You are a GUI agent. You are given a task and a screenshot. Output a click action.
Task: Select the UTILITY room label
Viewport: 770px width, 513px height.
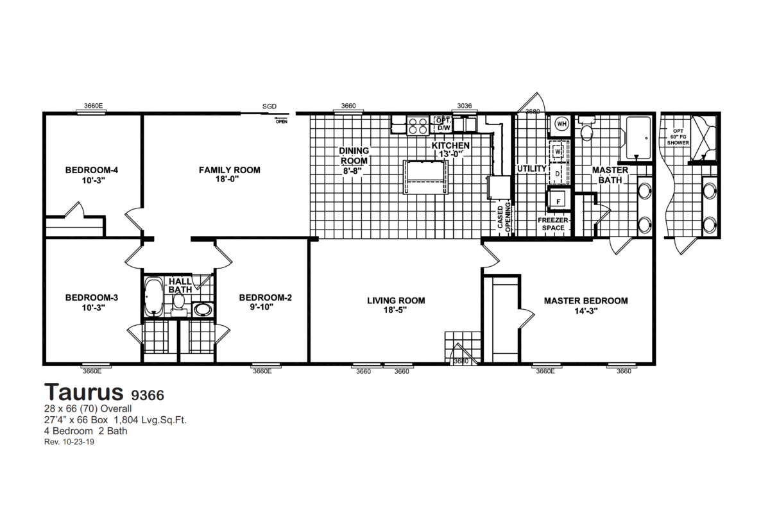[531, 169]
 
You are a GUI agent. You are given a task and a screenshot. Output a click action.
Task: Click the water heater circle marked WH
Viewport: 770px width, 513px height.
[561, 124]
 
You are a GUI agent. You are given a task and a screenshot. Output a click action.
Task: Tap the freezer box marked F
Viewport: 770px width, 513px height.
[558, 201]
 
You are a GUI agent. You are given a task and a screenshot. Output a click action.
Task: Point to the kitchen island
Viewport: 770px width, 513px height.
[424, 175]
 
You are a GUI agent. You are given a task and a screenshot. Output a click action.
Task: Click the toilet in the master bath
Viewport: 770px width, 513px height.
[585, 130]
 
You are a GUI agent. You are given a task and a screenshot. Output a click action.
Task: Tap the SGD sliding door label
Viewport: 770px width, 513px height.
[269, 106]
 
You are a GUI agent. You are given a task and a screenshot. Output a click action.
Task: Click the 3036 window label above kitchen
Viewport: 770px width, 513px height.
[465, 106]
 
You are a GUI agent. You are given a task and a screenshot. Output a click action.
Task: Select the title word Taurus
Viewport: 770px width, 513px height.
[84, 391]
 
